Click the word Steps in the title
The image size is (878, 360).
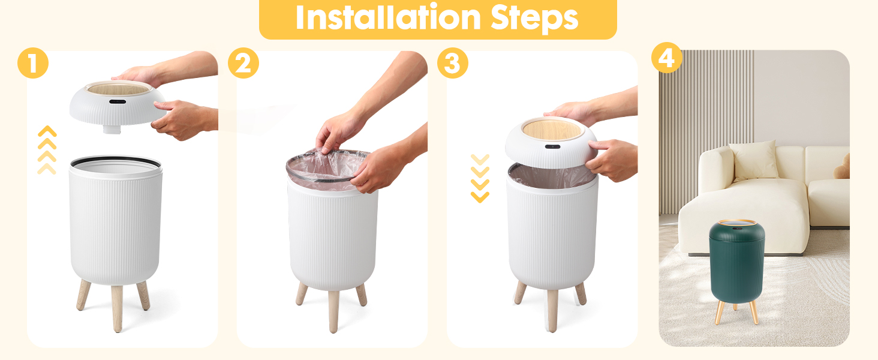pos(534,19)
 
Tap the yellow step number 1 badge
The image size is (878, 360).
pos(33,63)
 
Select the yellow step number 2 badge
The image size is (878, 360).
pos(243,63)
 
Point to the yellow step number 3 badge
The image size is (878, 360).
pos(453,63)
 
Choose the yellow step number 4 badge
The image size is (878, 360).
pos(667,58)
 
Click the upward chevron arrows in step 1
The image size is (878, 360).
pos(47,150)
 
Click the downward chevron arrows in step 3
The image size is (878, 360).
pos(480,178)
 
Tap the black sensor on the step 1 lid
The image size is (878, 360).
pos(118,102)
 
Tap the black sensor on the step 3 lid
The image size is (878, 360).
pos(552,146)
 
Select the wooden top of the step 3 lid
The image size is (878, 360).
pos(553,130)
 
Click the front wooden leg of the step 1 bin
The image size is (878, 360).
pos(117,308)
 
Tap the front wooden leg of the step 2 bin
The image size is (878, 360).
pos(333,311)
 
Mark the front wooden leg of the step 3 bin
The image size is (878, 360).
pos(552,311)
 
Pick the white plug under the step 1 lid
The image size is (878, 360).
pos(112,129)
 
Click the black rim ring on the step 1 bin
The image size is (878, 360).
pos(116,161)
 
